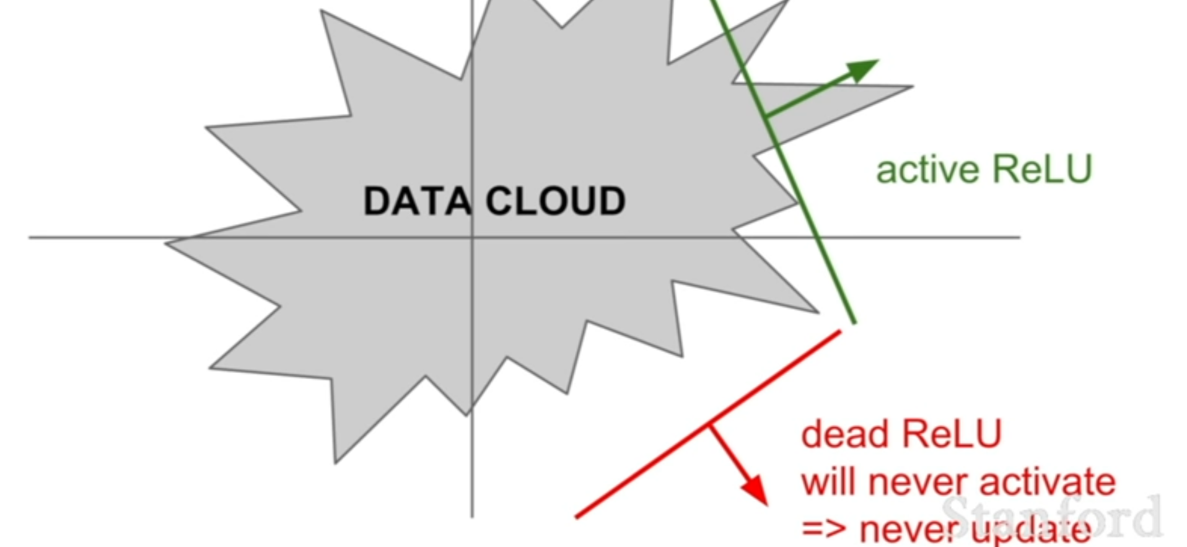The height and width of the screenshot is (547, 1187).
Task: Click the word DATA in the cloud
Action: (x=416, y=201)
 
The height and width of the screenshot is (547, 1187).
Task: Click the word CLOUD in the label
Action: (x=556, y=201)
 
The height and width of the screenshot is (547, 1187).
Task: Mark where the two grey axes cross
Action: (x=472, y=237)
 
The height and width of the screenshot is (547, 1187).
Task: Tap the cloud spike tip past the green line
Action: (x=909, y=87)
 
